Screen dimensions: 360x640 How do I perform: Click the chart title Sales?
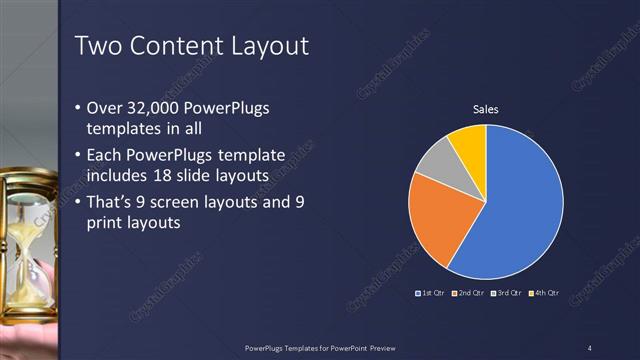tap(485, 109)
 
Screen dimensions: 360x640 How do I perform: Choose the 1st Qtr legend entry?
tap(431, 293)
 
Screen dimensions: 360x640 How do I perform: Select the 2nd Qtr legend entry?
tap(469, 293)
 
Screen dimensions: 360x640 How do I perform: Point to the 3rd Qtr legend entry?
tap(507, 293)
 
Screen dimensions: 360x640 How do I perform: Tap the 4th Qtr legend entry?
tap(545, 293)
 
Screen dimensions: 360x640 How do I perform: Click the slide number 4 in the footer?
tap(590, 347)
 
